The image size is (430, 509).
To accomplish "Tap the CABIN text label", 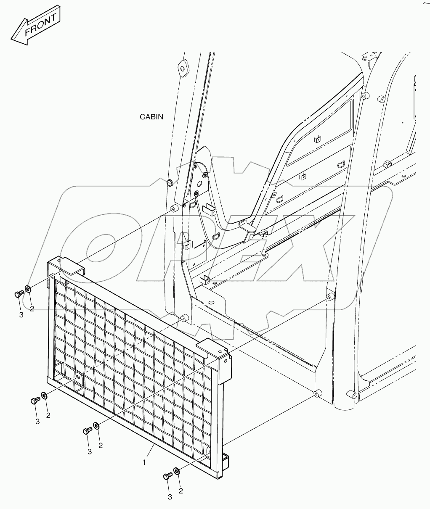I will [151, 117].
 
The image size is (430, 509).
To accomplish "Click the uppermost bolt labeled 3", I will [18, 294].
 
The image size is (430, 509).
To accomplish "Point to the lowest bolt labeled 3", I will [167, 476].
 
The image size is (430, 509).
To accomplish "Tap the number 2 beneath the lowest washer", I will [181, 491].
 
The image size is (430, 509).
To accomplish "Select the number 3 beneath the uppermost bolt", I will [21, 316].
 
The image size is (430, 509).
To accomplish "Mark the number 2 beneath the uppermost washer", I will [32, 309].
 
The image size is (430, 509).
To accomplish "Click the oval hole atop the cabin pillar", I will [182, 69].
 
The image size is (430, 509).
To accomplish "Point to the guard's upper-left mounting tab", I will [72, 268].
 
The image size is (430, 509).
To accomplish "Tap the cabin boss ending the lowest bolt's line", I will [318, 394].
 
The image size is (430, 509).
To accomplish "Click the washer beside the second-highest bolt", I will [43, 396].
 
